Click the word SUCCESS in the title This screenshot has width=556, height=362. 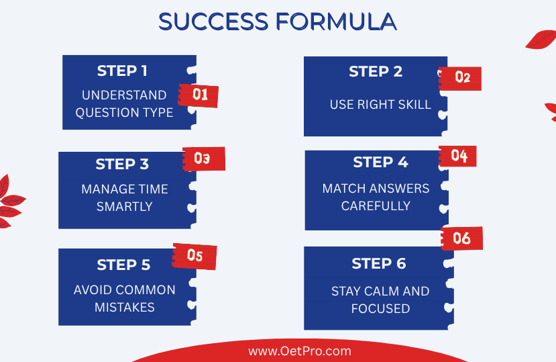pos(213,21)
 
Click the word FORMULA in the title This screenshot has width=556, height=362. pos(336,21)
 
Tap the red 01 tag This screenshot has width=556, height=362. pos(199,95)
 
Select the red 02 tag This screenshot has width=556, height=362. pos(460,78)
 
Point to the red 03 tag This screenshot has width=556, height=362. pos(204,159)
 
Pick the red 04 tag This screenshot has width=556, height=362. pos(458,156)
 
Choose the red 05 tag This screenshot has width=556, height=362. pos(194,256)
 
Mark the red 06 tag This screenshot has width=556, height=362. pos(461,238)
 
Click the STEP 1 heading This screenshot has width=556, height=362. pos(122,71)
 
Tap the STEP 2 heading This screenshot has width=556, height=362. pos(376,71)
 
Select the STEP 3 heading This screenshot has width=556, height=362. pos(122,164)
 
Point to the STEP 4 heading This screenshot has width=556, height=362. pos(380,162)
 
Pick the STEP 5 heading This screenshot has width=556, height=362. pos(123,265)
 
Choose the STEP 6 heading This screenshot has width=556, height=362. pos(379,263)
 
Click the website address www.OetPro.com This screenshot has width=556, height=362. pos(300,351)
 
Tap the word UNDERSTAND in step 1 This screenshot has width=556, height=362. pos(124,95)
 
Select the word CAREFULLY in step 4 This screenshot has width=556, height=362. pos(376,206)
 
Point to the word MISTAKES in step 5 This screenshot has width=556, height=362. pos(125,307)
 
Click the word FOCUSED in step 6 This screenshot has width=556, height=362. pos(380,308)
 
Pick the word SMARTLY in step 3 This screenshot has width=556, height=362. pos(125,206)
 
